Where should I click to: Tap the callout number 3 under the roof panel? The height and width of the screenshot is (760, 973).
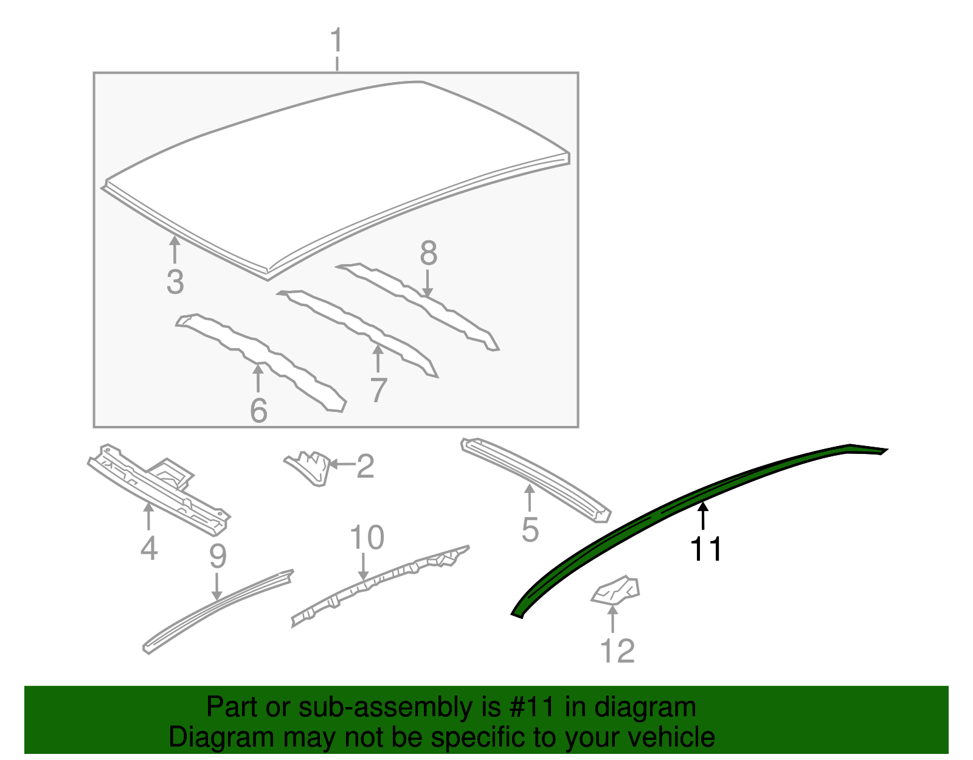tap(175, 282)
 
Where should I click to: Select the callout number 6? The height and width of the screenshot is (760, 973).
tap(259, 410)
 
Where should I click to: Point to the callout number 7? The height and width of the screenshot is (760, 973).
tap(379, 390)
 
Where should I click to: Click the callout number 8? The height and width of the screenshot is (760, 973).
tap(429, 253)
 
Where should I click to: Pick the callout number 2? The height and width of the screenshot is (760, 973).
tap(365, 466)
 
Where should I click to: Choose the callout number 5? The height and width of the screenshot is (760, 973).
tap(530, 530)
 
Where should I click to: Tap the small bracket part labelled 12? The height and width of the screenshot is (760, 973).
tap(615, 591)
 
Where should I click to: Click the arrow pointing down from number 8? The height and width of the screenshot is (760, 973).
tap(428, 283)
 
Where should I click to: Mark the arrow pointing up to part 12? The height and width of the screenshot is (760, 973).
tap(612, 618)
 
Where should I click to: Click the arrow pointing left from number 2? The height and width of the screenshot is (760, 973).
tap(342, 464)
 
